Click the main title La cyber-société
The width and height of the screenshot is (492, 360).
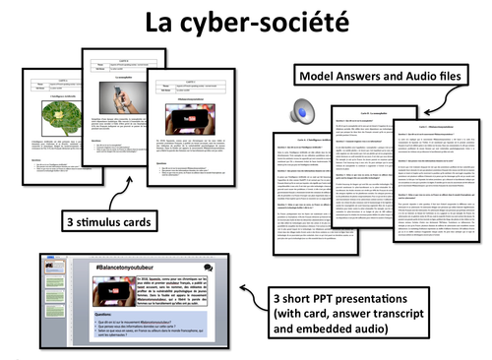pyautogui.click(x=246, y=21)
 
